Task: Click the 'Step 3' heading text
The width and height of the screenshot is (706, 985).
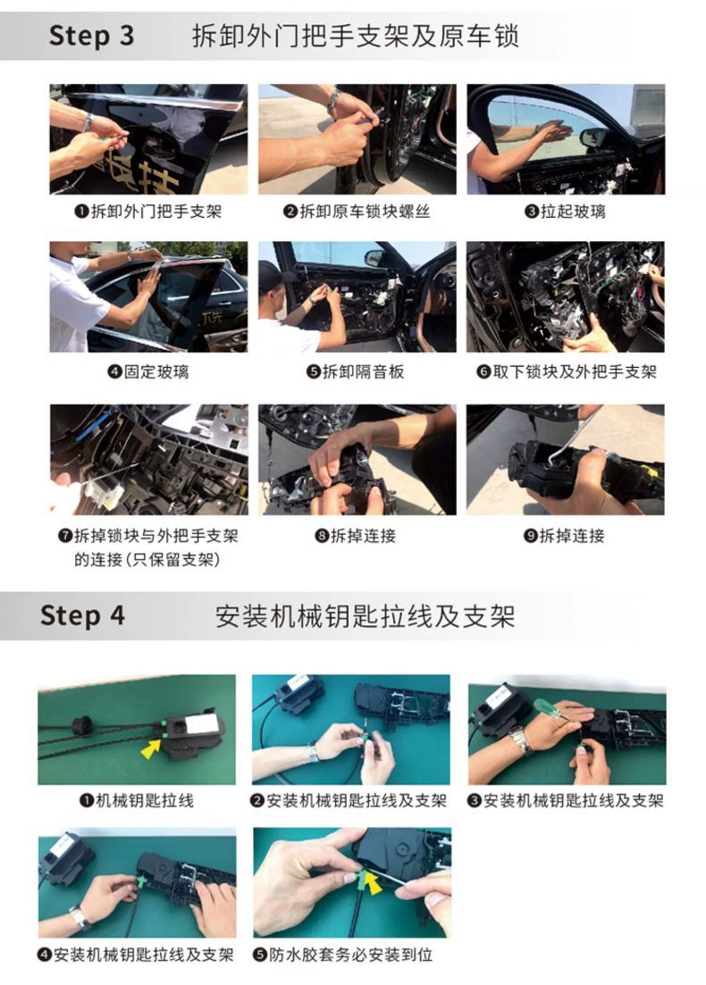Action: pos(91,35)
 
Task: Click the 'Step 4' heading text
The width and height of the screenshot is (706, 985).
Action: pos(82,615)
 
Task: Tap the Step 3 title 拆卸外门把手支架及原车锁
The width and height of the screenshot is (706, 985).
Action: pos(355,35)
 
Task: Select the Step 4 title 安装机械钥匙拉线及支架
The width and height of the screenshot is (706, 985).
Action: pos(365,615)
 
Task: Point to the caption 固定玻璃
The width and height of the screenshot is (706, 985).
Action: pos(155,371)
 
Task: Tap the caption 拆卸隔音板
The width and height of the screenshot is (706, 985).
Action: pos(363,371)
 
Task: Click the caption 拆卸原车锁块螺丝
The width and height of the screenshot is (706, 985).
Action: pos(365,211)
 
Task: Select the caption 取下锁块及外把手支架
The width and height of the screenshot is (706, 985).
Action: pos(575,371)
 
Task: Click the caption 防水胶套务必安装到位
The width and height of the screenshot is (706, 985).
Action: pos(351,955)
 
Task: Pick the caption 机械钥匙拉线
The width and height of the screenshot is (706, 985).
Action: pos(145,800)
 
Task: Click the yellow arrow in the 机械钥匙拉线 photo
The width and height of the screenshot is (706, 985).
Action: pos(151,747)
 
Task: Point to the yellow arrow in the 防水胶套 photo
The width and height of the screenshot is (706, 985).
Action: pos(374,885)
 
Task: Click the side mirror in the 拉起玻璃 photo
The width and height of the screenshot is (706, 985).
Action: pos(593,138)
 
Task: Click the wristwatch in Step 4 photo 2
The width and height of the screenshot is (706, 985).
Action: pos(313,752)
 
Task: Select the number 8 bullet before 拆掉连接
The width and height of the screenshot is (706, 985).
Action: pos(322,536)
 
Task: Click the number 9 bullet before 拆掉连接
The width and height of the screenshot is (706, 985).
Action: pos(531,536)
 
